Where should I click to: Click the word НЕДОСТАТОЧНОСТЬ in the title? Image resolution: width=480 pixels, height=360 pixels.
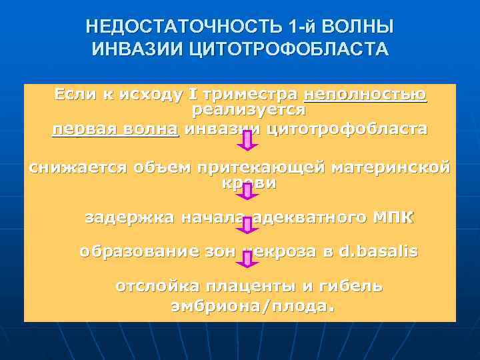click(183, 27)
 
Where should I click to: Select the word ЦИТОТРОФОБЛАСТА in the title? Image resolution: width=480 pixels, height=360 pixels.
click(284, 49)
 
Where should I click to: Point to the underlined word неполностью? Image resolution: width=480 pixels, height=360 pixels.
click(365, 95)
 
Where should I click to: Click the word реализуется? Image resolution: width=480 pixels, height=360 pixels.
click(249, 108)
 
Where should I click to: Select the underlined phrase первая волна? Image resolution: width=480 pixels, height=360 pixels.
click(115, 128)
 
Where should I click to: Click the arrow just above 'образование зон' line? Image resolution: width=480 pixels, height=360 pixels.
click(248, 225)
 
